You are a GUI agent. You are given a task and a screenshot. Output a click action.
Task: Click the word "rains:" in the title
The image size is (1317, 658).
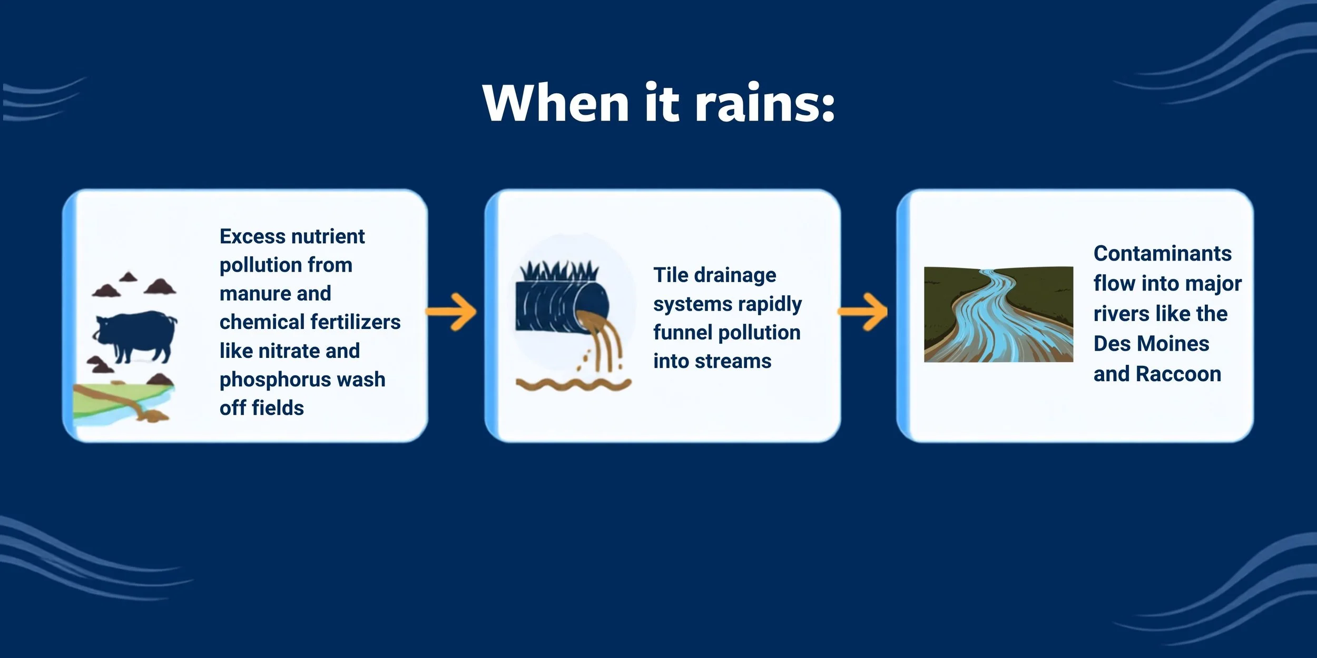[765, 103]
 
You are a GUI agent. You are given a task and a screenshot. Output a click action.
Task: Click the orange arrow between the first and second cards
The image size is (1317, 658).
[451, 312]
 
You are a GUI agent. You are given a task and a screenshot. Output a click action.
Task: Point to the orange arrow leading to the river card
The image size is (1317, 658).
[863, 312]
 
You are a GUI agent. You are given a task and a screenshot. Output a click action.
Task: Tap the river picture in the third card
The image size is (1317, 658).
[998, 314]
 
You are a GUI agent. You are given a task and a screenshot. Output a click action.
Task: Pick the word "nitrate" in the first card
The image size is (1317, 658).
[289, 351]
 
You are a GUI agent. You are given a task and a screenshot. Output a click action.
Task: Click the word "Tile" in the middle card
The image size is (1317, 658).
[671, 275]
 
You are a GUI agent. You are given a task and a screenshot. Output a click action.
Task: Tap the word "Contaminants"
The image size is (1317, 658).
[1163, 254]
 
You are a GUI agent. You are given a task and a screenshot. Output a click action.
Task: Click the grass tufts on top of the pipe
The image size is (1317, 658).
[559, 272]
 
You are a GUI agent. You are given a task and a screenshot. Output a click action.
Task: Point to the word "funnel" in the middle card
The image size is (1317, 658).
[683, 333]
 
